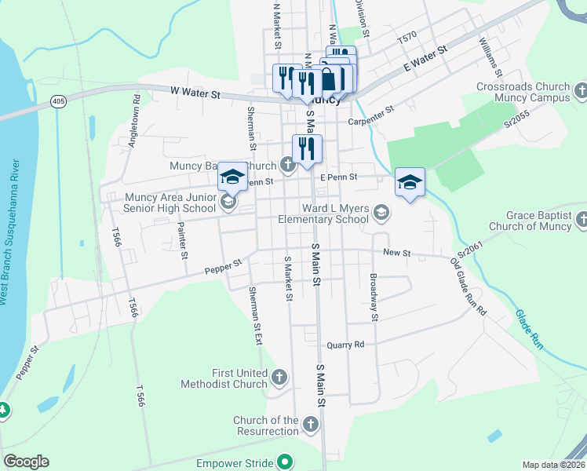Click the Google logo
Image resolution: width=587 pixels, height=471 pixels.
[x=26, y=462]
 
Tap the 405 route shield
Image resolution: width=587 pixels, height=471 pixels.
[x=58, y=102]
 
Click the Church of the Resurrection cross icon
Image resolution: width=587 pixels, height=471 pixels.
[x=310, y=425]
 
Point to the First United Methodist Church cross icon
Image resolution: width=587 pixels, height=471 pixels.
[x=279, y=378]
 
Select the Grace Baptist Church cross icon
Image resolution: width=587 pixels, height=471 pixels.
[x=581, y=221]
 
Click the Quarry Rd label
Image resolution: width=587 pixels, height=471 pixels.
[x=346, y=345]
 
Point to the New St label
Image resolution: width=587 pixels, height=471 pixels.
[x=396, y=253]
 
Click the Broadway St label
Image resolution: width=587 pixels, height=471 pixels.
[x=374, y=298]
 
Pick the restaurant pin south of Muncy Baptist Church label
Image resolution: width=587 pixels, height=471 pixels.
[x=307, y=149]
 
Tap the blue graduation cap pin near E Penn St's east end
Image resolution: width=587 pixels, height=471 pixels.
[x=410, y=183]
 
